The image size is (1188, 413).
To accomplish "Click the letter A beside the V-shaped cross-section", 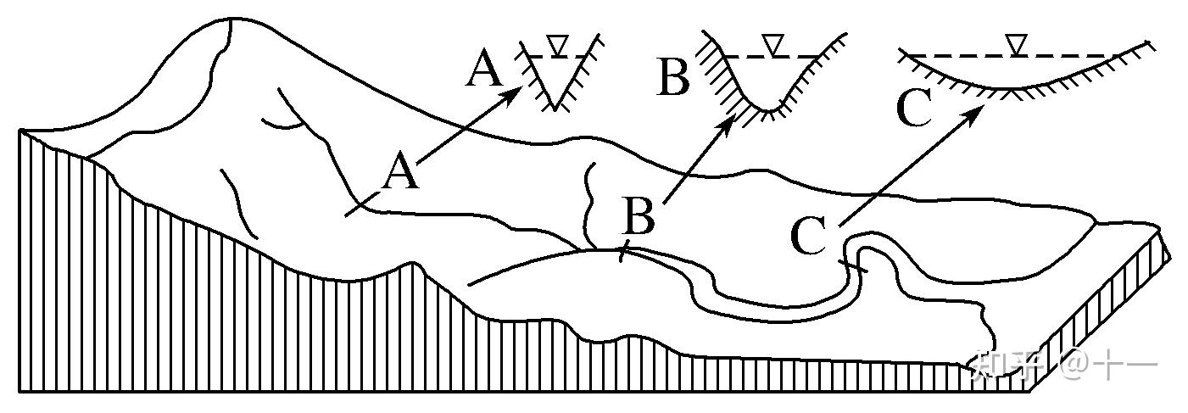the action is click(485, 69).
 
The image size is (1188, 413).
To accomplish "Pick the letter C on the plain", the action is click(807, 235).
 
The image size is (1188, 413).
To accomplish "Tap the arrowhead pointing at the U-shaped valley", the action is click(727, 124).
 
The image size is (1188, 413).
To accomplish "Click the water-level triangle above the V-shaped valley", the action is click(556, 45).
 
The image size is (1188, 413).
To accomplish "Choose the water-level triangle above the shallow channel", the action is click(1015, 43).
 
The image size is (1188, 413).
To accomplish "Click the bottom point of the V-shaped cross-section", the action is click(554, 107).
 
